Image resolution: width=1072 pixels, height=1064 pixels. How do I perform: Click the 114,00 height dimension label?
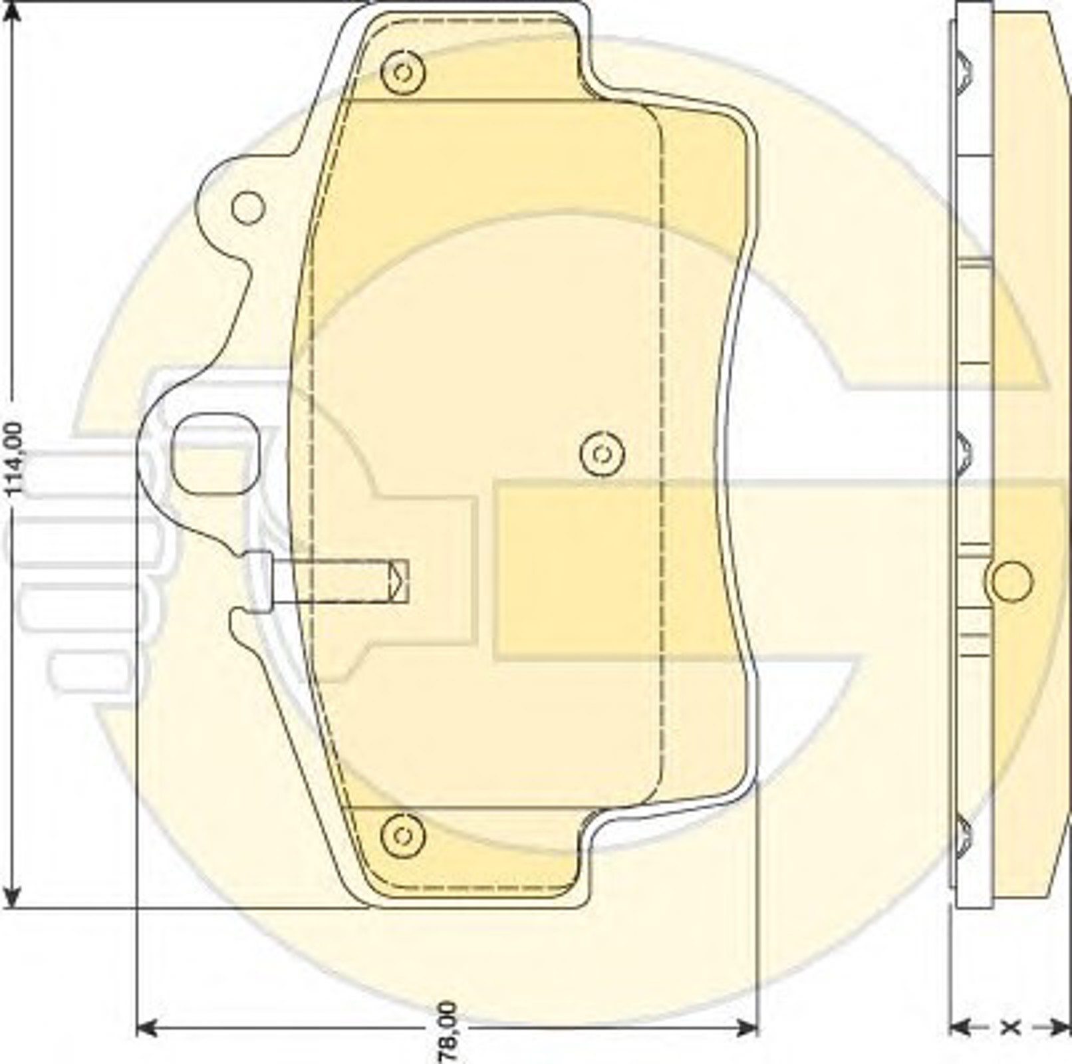(x=15, y=459)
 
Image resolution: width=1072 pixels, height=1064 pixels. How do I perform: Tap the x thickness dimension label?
(x=1010, y=1027)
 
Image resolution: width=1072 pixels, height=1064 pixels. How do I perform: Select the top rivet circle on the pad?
(x=403, y=72)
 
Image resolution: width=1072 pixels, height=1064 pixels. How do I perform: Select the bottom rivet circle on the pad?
(x=403, y=834)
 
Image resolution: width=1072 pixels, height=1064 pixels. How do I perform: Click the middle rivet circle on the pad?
(x=602, y=454)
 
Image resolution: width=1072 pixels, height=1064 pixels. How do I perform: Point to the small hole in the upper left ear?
(x=248, y=207)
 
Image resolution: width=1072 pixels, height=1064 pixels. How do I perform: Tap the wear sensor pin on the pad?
(x=326, y=581)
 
